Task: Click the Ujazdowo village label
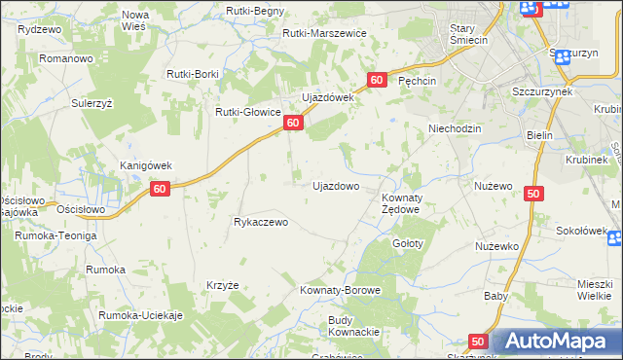point(335,185)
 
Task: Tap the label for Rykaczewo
point(261,222)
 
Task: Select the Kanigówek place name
point(145,165)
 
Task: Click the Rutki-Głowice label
point(248,111)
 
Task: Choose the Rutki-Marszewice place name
point(324,33)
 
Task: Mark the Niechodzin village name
point(456,128)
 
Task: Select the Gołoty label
point(407,243)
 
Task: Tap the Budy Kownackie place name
point(353,326)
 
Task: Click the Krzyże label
point(223,285)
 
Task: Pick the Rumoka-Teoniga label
point(55,235)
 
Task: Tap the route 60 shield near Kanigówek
point(162,189)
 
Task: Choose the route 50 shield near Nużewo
point(532,194)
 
